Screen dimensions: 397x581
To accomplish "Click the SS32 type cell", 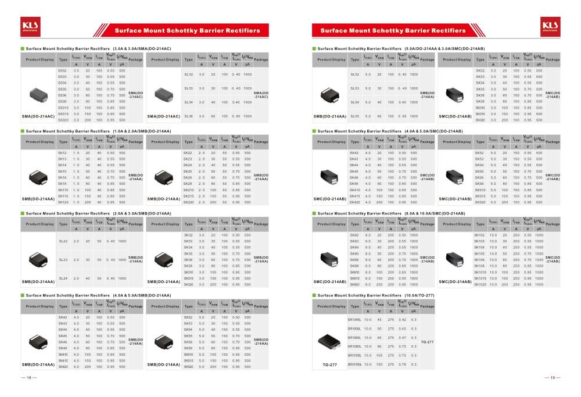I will tap(62, 70).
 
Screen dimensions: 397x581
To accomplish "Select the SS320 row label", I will tap(63, 120).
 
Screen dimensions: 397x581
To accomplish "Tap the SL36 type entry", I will tap(188, 116).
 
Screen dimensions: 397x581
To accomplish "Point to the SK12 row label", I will tap(62, 153).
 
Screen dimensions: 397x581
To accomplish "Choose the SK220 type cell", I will tap(188, 202).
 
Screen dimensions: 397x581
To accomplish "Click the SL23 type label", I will tap(63, 260).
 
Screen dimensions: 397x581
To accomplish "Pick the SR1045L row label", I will tap(354, 320).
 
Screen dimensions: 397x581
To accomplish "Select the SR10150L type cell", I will tap(354, 364).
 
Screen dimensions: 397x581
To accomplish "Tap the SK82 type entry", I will tap(354, 235).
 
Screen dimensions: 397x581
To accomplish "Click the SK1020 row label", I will tap(480, 284).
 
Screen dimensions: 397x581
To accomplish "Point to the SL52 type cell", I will tap(355, 74).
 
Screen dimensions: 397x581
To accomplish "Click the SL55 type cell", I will tap(355, 116).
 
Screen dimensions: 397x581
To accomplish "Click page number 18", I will tap(28, 378).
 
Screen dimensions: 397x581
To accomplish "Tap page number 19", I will tap(553, 378).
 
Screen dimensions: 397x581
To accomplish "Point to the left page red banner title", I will tap(187, 30).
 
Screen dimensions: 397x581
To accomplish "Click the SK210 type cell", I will tap(188, 190).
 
